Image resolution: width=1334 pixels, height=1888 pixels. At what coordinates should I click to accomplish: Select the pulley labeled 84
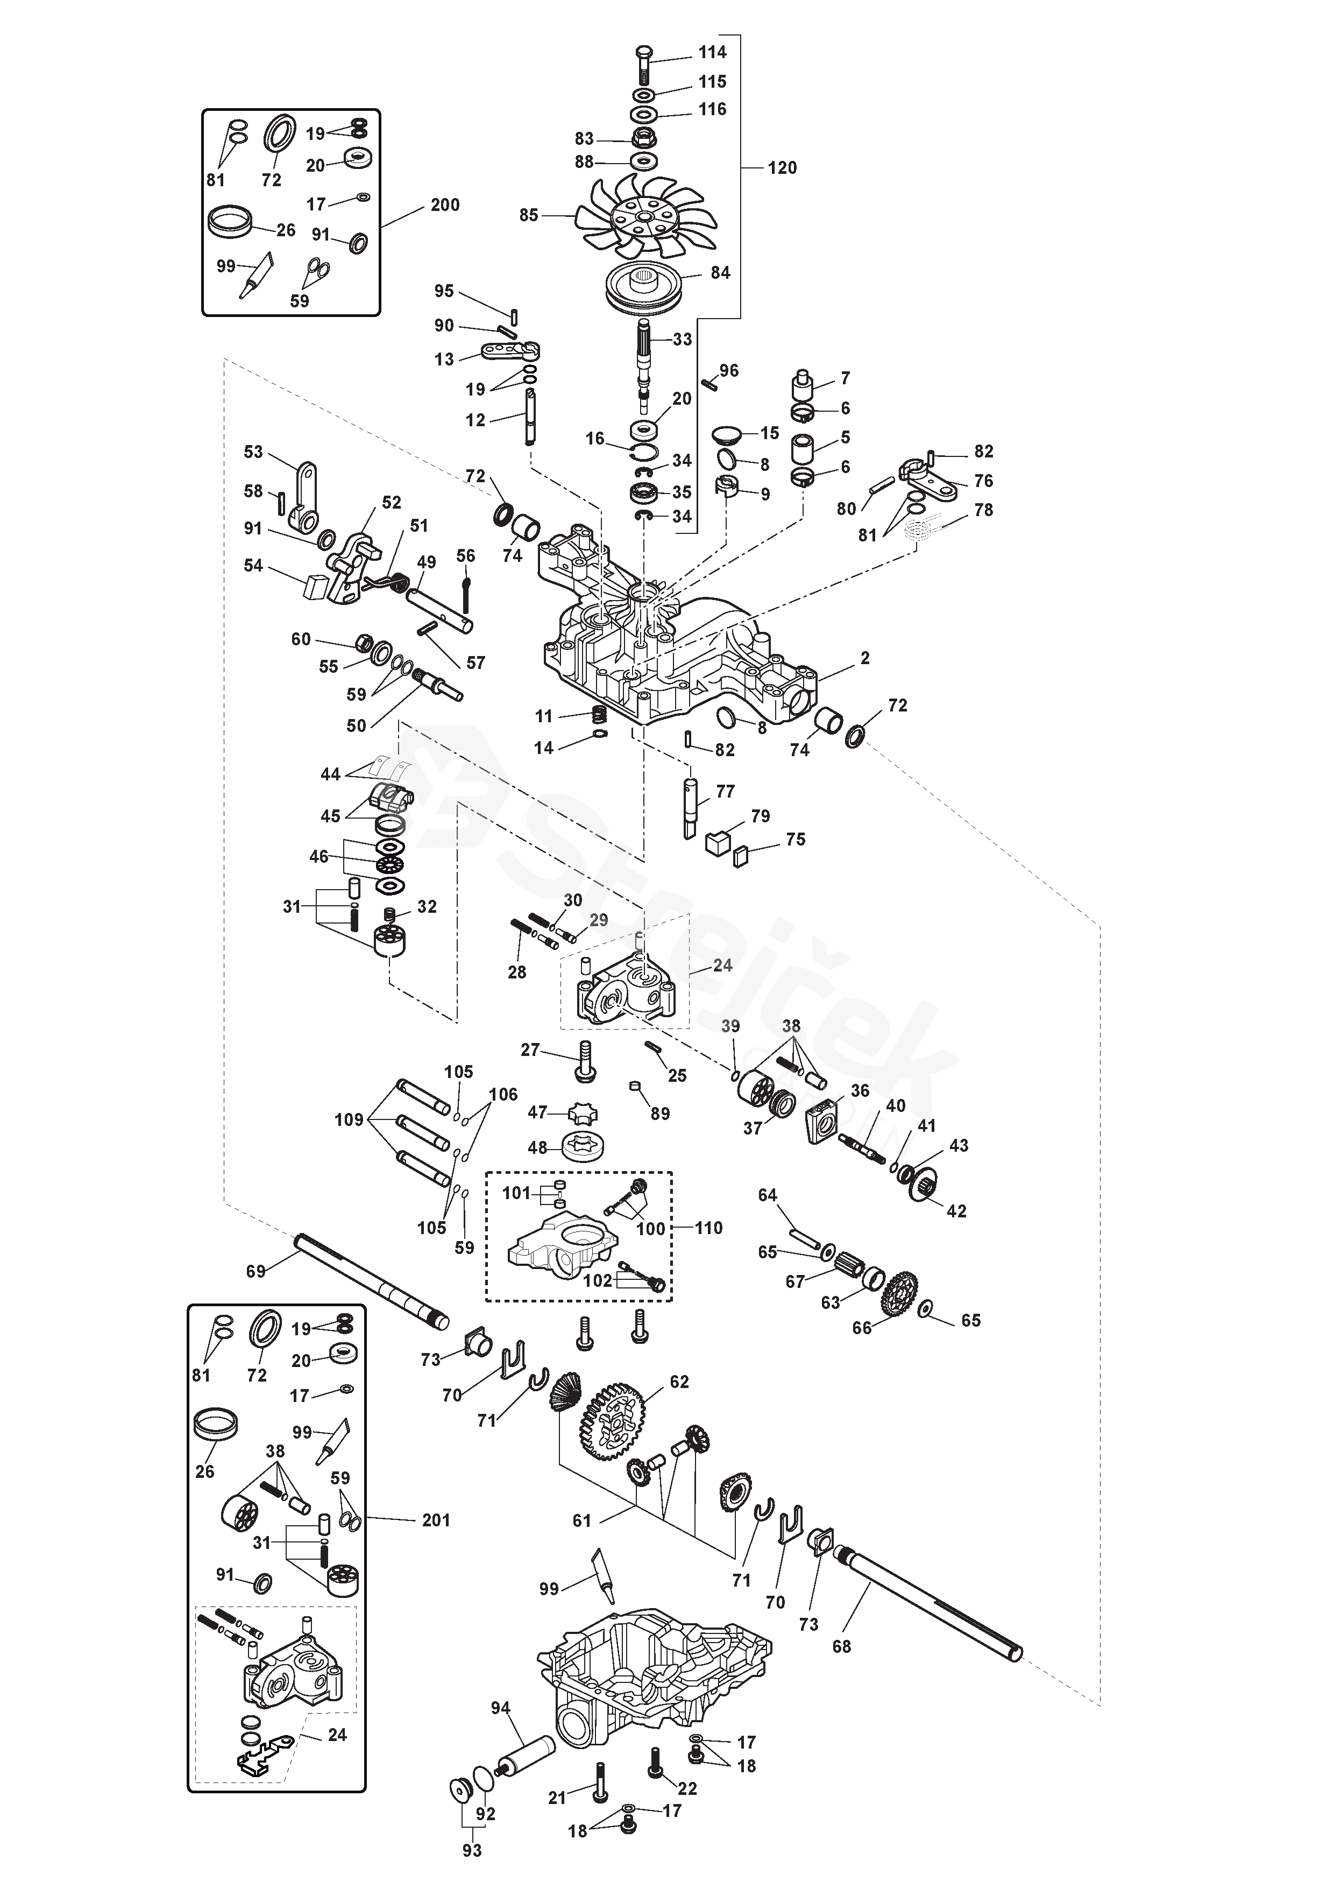coord(645,285)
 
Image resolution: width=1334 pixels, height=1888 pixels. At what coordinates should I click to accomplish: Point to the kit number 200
coord(445,205)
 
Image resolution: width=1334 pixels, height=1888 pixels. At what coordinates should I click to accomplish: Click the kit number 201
coord(436,1520)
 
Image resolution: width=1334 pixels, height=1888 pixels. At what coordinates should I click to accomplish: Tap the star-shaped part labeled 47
coord(583,1114)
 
